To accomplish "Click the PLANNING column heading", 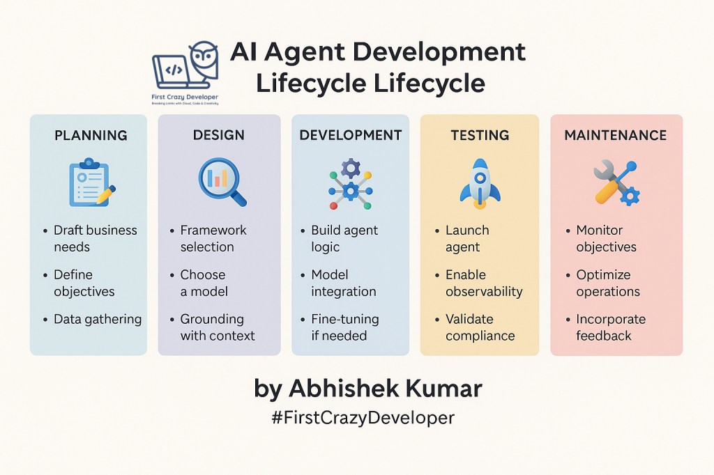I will [91, 135].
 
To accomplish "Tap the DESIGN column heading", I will [220, 135].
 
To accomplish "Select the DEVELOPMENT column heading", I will [351, 135].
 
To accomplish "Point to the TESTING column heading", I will [480, 135].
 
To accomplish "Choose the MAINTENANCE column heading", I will [616, 135].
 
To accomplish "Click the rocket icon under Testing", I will [480, 182].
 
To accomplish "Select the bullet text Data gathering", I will [98, 319].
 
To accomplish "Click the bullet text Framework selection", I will [213, 238].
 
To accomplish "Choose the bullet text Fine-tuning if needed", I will [345, 327].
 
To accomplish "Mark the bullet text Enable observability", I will [484, 283].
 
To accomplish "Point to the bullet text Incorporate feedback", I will [611, 327].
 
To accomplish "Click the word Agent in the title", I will [307, 52].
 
